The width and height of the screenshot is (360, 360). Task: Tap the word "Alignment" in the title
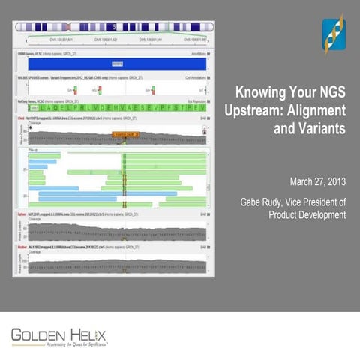point(316,111)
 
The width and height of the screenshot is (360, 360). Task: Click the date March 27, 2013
point(317,181)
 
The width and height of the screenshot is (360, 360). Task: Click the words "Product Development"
point(307,215)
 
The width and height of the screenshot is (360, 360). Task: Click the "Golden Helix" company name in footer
point(59,332)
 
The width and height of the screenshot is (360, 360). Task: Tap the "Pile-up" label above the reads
point(34,150)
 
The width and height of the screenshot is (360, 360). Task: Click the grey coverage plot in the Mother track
point(116,262)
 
